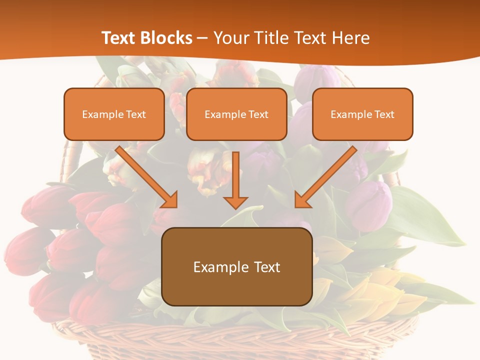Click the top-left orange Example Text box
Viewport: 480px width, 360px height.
click(x=114, y=114)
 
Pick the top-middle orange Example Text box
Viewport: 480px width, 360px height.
click(x=236, y=114)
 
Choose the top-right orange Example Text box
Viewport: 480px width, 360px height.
click(x=362, y=114)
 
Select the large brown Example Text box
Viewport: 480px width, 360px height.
click(x=237, y=266)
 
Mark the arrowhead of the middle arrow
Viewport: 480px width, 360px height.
click(x=235, y=202)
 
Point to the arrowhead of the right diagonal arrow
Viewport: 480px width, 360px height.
click(x=302, y=200)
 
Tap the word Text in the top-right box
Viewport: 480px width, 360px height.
click(x=384, y=114)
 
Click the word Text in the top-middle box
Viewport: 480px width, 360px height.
click(x=258, y=114)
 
